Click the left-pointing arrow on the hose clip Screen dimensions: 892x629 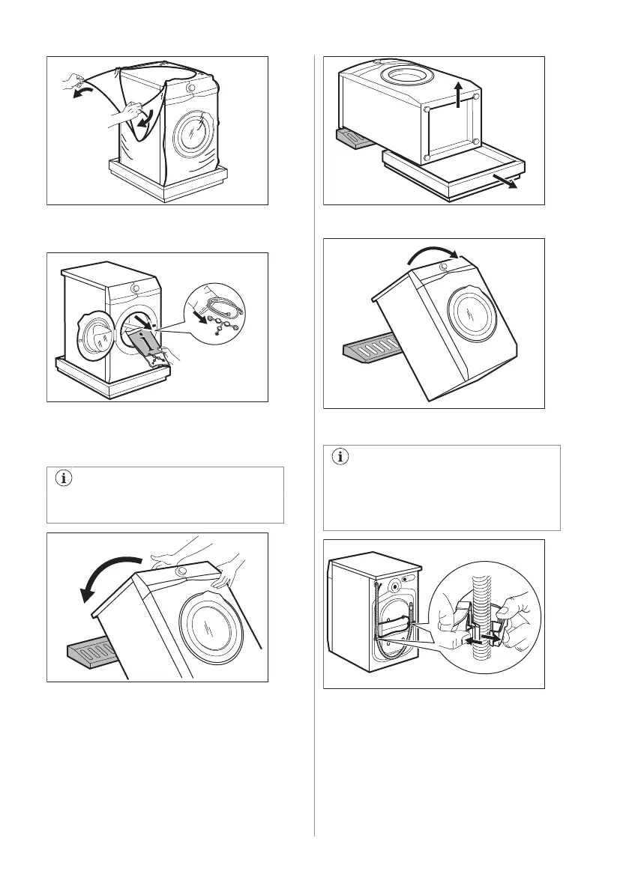point(474,640)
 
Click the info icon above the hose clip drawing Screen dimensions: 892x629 point(340,456)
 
